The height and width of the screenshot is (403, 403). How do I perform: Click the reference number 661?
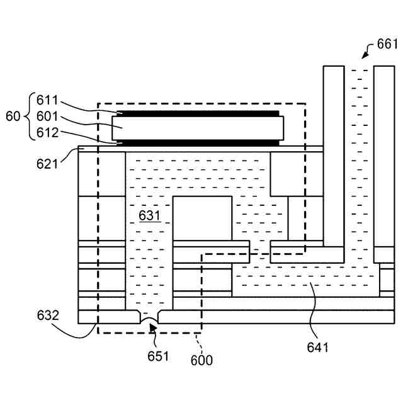[387, 43]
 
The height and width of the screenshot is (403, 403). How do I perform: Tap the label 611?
[48, 100]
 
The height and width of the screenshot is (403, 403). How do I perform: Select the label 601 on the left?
[48, 116]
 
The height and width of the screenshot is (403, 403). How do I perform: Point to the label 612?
[48, 133]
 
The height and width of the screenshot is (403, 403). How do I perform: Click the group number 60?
[13, 116]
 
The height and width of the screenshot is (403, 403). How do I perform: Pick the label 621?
[47, 164]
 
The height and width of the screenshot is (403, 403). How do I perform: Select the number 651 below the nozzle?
[158, 356]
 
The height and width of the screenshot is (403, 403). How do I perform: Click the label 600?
[202, 360]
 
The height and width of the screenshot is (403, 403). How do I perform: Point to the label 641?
[317, 346]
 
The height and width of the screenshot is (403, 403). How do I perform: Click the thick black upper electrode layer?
[198, 114]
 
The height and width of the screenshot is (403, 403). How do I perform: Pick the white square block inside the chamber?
[202, 218]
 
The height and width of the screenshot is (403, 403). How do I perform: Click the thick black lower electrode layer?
[198, 143]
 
